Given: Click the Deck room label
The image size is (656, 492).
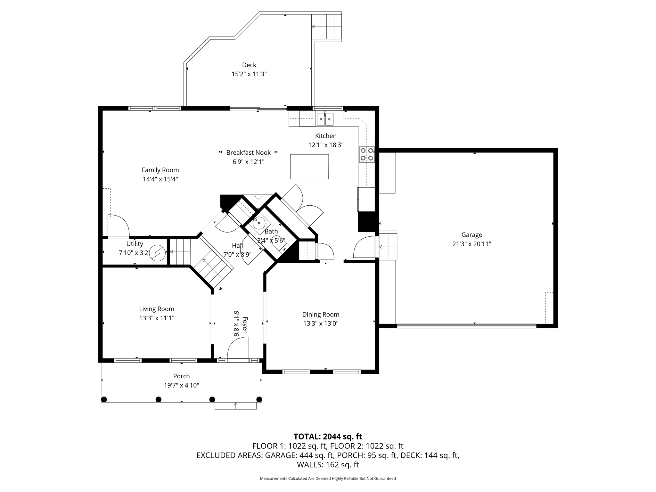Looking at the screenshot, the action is [x=249, y=65].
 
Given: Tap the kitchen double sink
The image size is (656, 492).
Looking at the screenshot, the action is [x=325, y=119].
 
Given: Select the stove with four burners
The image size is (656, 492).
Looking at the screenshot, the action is [x=367, y=154].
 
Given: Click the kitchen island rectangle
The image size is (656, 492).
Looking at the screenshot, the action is [x=309, y=167].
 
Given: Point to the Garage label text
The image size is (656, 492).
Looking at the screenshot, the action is [x=471, y=235].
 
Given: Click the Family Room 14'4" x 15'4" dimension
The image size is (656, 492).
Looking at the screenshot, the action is [x=160, y=179].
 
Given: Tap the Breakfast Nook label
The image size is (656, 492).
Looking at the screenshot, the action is [x=249, y=152].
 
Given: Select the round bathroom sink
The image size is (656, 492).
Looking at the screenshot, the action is [x=259, y=223].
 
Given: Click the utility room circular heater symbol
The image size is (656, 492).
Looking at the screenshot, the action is [x=158, y=253].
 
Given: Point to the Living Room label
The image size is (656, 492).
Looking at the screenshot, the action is [x=157, y=309].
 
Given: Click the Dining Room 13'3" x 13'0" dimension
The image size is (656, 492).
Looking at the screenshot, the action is [x=321, y=324].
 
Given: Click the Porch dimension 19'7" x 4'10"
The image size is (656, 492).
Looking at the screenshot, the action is [x=182, y=385].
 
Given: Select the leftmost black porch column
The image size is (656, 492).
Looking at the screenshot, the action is [x=104, y=399].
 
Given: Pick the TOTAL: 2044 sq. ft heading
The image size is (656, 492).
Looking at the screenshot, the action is [x=328, y=436].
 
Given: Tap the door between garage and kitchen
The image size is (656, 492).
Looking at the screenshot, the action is [x=365, y=247].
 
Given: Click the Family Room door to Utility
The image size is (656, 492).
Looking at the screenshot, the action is [x=118, y=226].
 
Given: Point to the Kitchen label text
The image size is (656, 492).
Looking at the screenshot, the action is [x=326, y=136].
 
